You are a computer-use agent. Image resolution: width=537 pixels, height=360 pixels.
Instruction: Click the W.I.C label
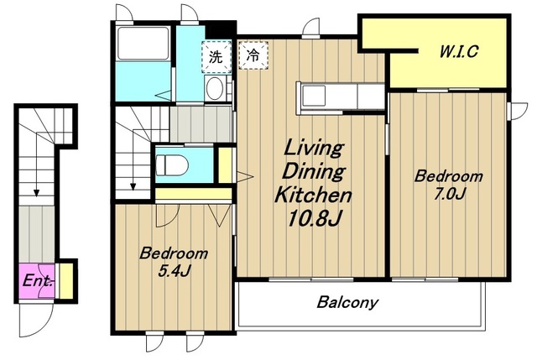459,52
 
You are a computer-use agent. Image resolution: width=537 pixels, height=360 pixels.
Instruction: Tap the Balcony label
347,302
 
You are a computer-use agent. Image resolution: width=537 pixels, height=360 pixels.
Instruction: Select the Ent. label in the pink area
38,281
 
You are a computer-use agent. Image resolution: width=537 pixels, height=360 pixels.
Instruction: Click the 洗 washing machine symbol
216,56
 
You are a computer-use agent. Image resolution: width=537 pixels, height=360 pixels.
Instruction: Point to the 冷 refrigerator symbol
253,55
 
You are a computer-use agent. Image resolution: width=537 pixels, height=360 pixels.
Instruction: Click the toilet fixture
172,165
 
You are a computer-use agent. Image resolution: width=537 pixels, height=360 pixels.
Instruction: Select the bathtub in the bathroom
143,43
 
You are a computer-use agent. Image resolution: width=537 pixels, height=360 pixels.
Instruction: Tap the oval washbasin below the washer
215,87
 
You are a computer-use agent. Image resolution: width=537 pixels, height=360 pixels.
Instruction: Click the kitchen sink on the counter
313,96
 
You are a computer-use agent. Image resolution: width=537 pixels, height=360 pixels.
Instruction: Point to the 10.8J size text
315,218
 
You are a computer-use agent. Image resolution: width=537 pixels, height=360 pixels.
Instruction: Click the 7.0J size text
449,194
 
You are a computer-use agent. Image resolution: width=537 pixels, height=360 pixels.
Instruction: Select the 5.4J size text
174,271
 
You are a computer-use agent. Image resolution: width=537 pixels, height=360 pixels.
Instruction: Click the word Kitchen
314,195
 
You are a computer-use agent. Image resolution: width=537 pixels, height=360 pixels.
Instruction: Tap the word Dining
314,171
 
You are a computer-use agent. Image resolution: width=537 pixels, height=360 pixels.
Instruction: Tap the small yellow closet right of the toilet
225,164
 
